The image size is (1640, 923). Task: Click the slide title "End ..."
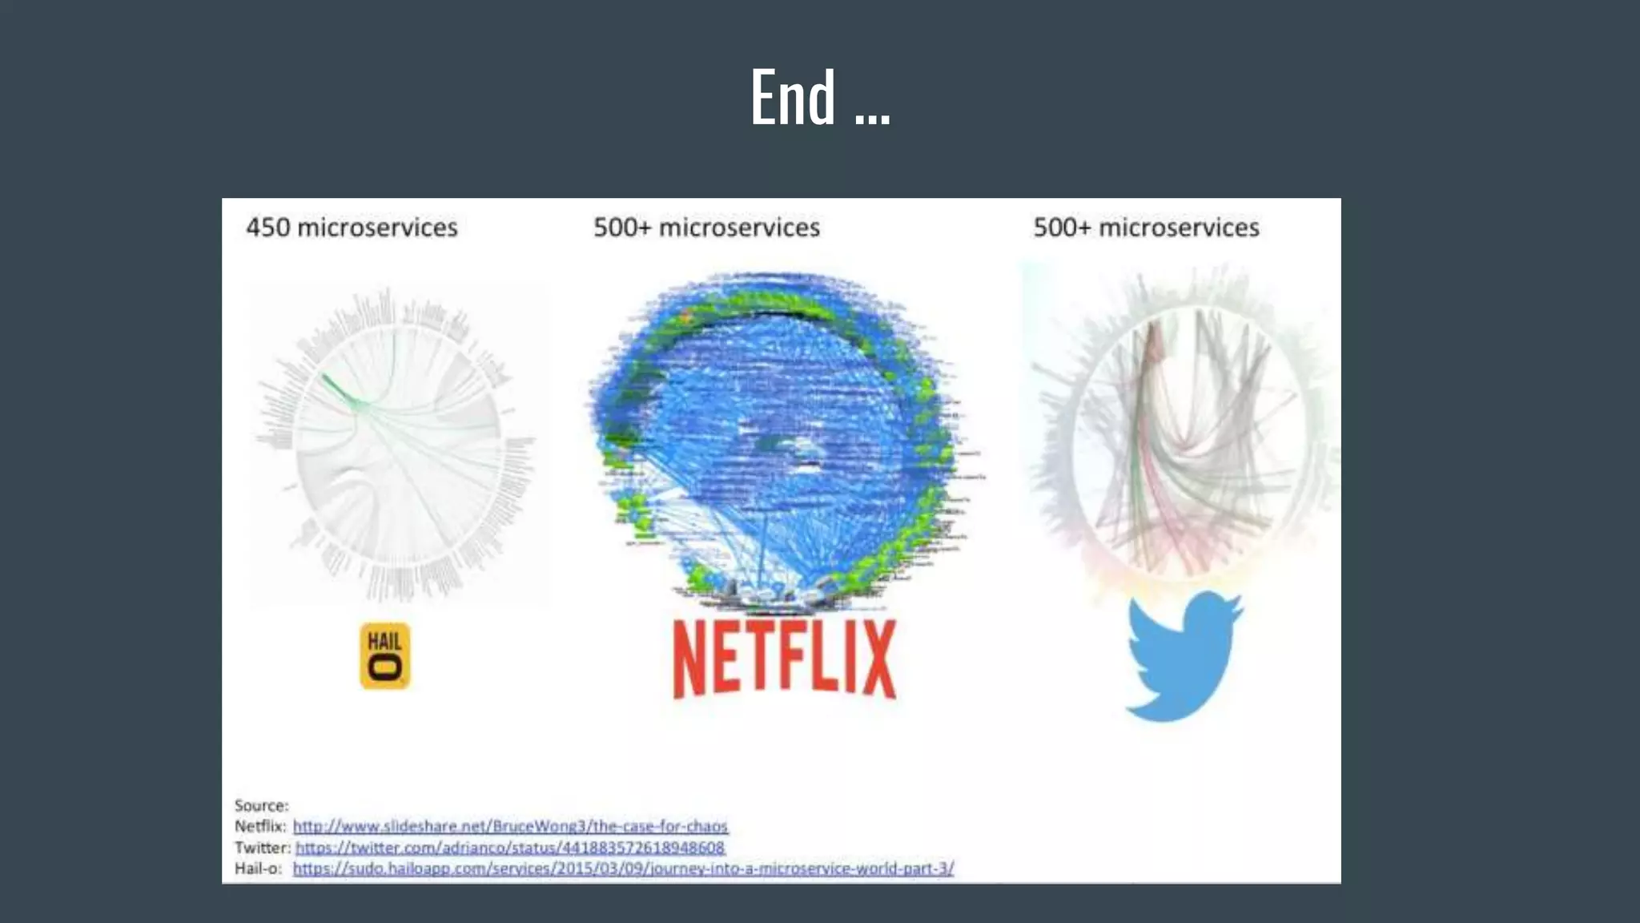click(x=819, y=98)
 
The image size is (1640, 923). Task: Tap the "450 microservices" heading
click(x=352, y=228)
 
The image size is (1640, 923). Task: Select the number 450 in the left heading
click(x=268, y=228)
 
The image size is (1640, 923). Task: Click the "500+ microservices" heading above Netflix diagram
click(x=706, y=228)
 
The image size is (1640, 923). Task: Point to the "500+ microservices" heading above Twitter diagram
click(x=1146, y=228)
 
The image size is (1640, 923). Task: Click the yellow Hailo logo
click(x=385, y=655)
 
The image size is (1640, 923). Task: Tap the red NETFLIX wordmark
click(x=784, y=659)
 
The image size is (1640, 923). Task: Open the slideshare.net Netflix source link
click(x=510, y=826)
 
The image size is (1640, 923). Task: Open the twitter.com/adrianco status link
click(x=510, y=848)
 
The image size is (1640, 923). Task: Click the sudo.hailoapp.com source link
click(x=623, y=869)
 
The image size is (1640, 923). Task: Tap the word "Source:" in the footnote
click(x=261, y=805)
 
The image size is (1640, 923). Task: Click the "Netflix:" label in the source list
click(x=260, y=826)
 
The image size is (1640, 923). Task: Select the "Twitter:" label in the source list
click(x=262, y=848)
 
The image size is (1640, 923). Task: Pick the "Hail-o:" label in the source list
click(x=258, y=869)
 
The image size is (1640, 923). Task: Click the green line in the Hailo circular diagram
click(x=340, y=390)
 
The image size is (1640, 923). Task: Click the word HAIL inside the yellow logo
click(x=384, y=641)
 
